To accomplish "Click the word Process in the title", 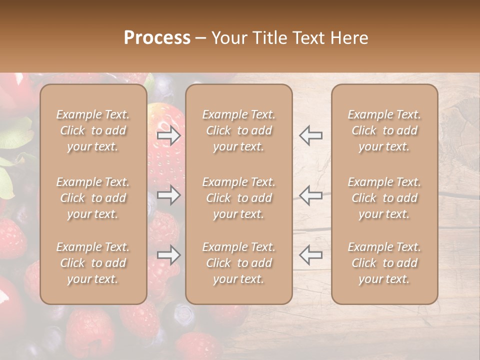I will click(x=157, y=38).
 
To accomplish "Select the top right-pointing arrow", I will click(x=169, y=135).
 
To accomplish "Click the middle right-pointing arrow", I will click(x=169, y=195).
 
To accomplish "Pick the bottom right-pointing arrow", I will click(x=169, y=255).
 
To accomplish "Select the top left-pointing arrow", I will click(x=310, y=135).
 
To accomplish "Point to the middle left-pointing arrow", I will click(x=310, y=195).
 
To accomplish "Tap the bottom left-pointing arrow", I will click(x=310, y=255).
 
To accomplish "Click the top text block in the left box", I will click(x=93, y=130).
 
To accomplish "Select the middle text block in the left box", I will click(x=93, y=198).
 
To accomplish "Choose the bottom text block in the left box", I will click(x=93, y=263).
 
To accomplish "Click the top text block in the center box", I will click(x=239, y=130).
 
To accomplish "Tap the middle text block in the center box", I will click(x=239, y=198).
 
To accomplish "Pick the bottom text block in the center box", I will click(x=239, y=263).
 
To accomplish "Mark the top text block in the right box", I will click(x=384, y=130).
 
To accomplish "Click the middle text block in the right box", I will click(x=384, y=198).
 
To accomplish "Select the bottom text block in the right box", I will click(x=384, y=263).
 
